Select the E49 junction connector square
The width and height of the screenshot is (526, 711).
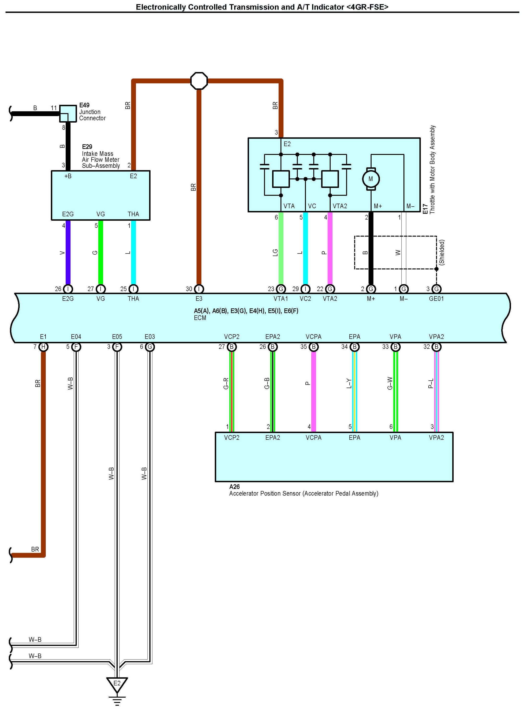(68, 113)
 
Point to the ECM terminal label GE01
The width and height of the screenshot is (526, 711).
(436, 299)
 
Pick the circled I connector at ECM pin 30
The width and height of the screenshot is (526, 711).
(199, 289)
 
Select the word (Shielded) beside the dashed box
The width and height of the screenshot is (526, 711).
(442, 253)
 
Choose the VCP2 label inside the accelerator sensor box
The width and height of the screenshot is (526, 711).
(232, 438)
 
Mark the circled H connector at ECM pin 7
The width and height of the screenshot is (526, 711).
(43, 347)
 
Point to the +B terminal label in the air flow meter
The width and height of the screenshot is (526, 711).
(68, 176)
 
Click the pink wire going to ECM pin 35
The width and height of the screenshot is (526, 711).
(314, 388)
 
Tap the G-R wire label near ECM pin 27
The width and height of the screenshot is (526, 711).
(226, 384)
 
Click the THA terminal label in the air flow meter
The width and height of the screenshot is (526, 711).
(133, 214)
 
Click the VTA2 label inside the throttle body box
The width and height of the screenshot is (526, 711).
(340, 206)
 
